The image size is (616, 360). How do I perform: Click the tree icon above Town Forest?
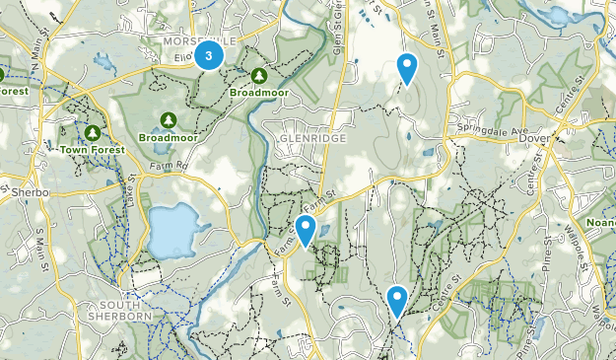[92, 132]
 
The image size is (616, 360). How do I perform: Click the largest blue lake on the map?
[170, 230]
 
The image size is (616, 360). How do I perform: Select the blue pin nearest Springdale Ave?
[406, 68]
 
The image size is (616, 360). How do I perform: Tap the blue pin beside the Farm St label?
[306, 230]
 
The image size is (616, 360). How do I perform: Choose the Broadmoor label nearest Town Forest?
[168, 137]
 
